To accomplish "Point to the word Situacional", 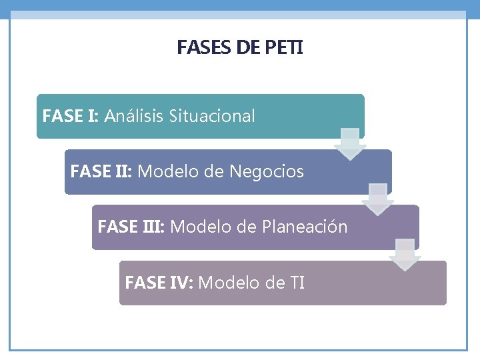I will tap(212, 116).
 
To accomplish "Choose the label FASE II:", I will tap(101, 171).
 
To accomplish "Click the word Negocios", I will tap(266, 171).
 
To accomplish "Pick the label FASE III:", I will tap(131, 227).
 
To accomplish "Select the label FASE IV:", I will tap(159, 283).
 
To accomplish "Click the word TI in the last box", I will tap(297, 283).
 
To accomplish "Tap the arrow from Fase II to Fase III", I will tap(378, 199).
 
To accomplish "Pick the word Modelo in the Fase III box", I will tap(197, 227).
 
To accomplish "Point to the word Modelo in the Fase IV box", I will tap(225, 283).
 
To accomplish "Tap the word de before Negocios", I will tap(214, 171).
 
